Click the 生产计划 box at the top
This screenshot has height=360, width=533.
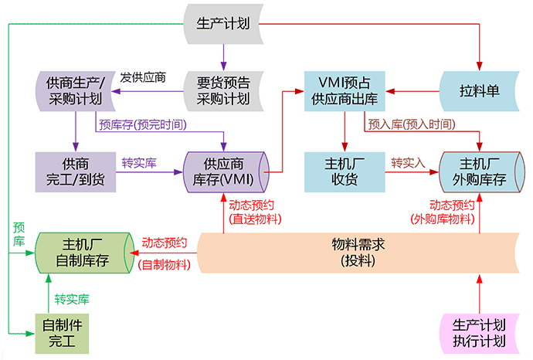coord(224,24)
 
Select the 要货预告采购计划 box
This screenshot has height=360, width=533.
coord(224,90)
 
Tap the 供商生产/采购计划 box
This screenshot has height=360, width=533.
coord(74,90)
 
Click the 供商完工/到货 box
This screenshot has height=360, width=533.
coord(74,172)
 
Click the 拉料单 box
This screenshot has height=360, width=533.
coord(480,90)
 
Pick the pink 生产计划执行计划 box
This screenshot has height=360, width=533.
coord(480,333)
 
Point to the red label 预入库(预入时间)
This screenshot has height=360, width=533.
coord(410,124)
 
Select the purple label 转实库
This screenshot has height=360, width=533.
coord(139,164)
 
